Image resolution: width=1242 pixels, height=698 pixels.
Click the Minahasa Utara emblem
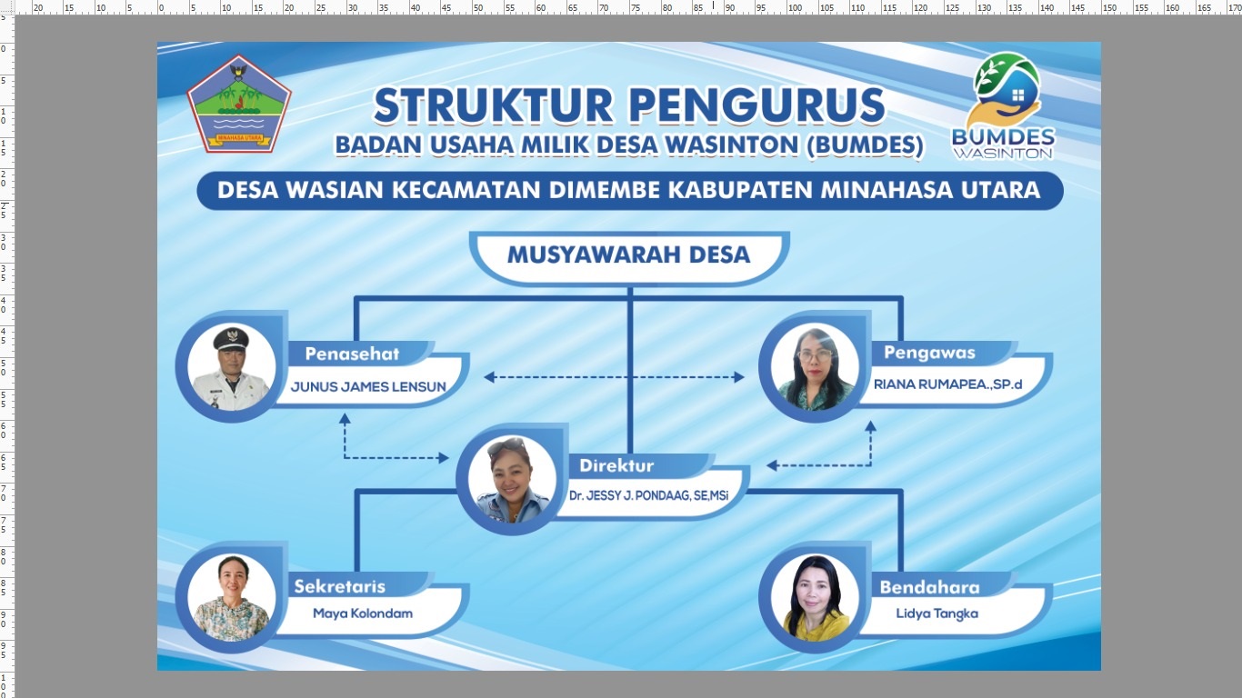[x=239, y=104]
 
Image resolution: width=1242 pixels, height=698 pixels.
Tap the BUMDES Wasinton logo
[x=1004, y=105]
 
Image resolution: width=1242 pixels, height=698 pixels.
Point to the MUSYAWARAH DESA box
[x=629, y=254]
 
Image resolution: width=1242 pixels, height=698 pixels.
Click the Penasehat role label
[x=352, y=354]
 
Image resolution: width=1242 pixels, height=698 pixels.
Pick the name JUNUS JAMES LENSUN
[x=368, y=386]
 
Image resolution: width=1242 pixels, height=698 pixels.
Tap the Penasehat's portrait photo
[x=232, y=366]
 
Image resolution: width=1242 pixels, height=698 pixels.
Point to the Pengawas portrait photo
[x=815, y=366]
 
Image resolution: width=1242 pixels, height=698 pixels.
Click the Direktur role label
[x=617, y=465]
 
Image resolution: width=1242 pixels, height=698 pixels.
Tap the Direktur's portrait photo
[x=512, y=479]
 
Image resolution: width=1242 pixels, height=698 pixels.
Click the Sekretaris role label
[x=339, y=586]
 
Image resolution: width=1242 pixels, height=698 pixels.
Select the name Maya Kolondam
[x=363, y=613]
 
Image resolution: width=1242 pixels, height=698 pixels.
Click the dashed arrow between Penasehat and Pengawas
[x=614, y=376]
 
